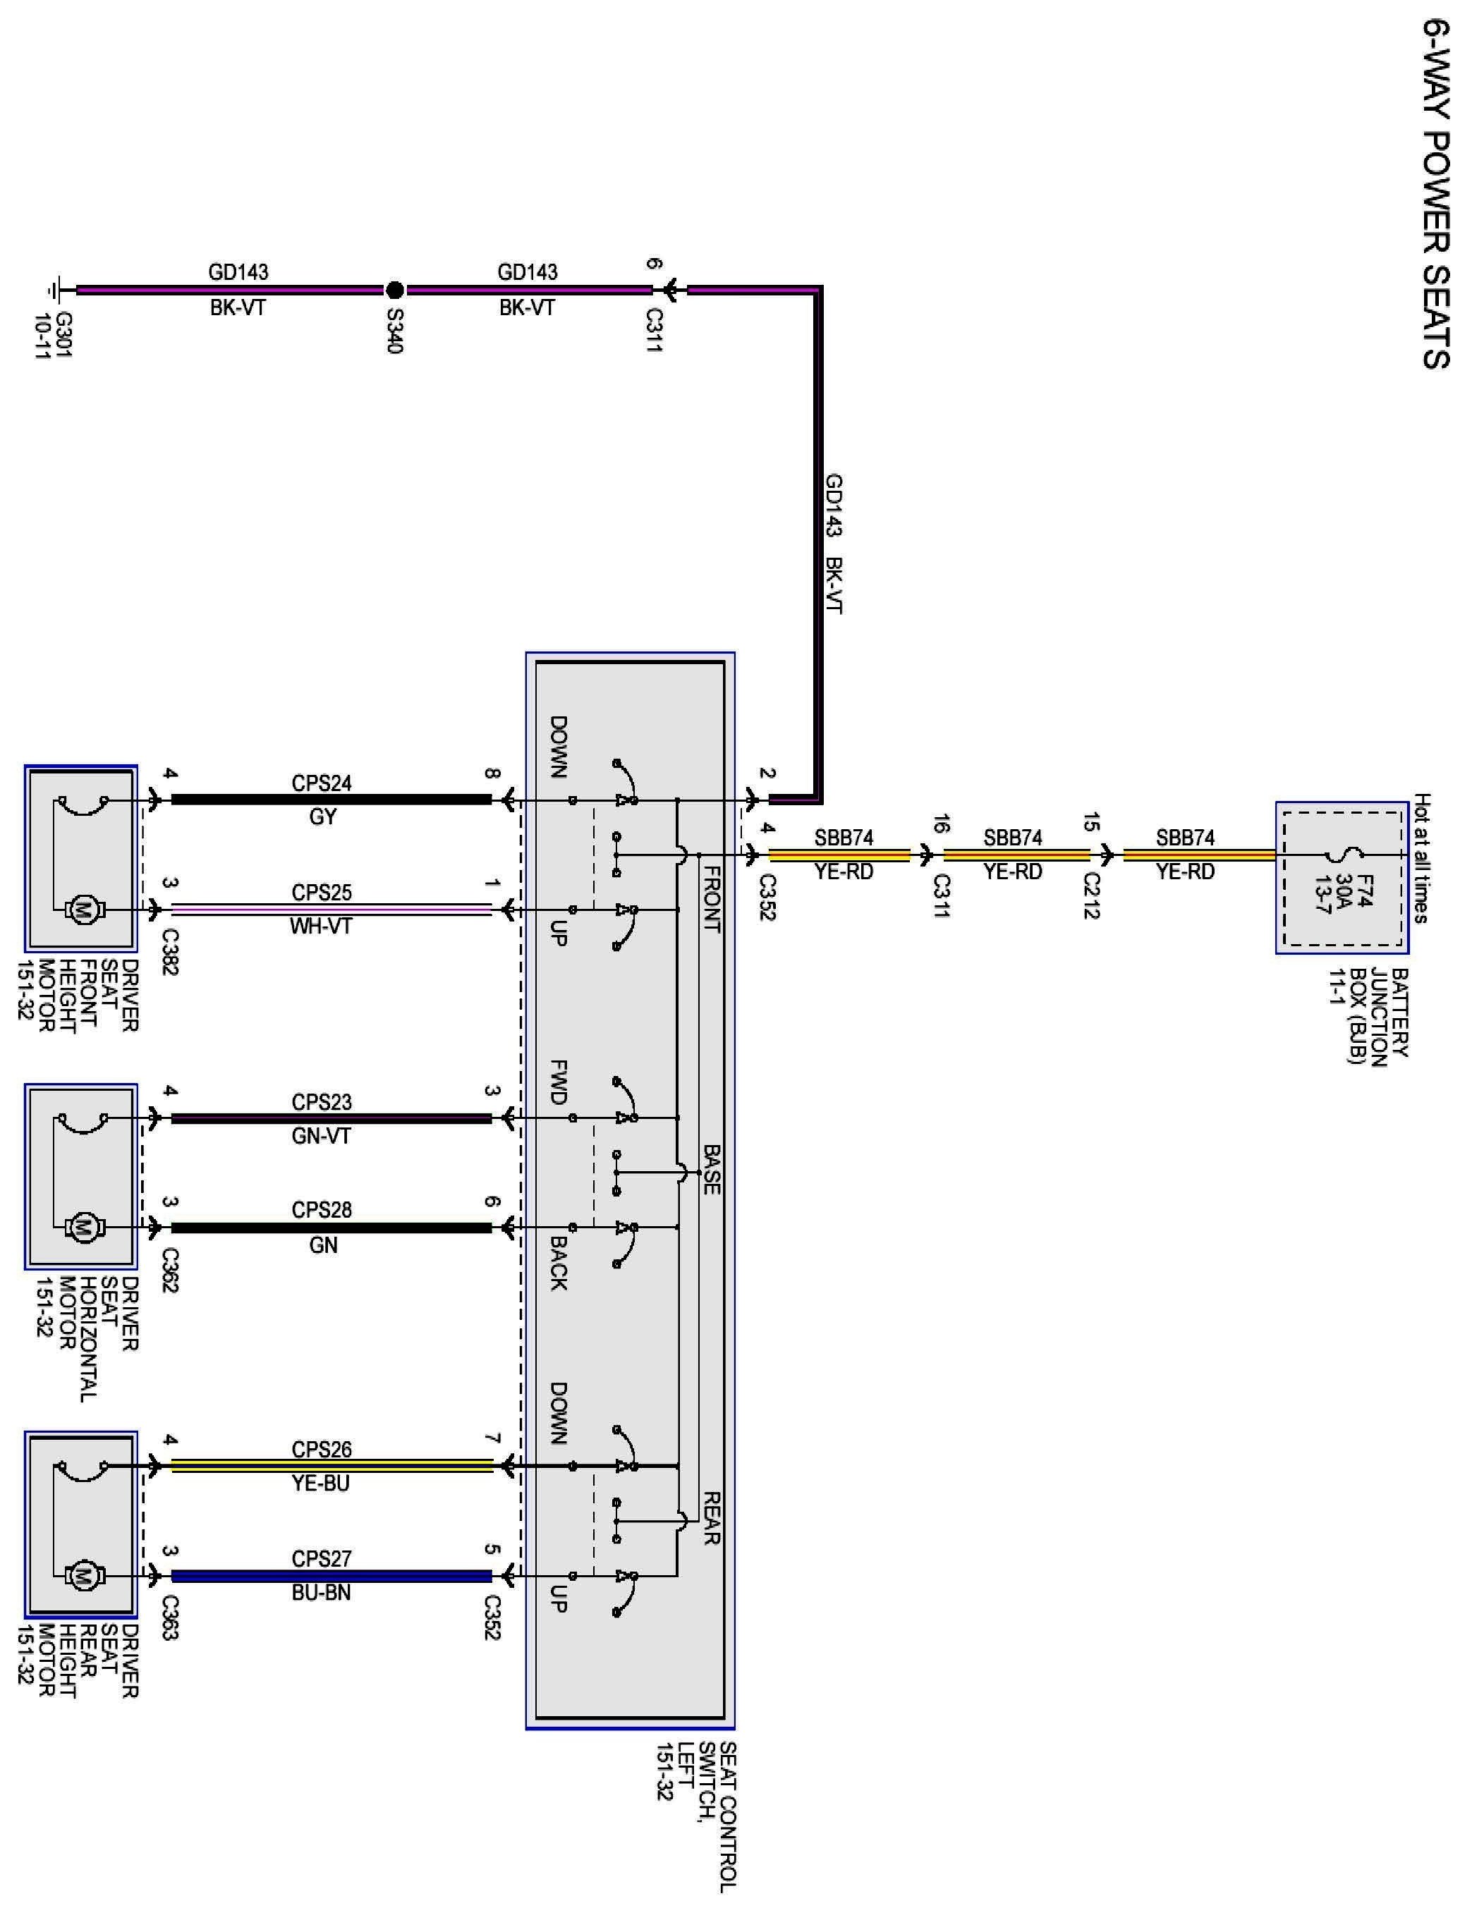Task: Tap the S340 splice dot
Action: pyautogui.click(x=395, y=289)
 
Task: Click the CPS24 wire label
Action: pyautogui.click(x=321, y=783)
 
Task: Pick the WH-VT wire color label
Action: pyautogui.click(x=321, y=926)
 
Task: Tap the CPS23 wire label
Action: pyautogui.click(x=321, y=1101)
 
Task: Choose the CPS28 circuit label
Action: pyautogui.click(x=321, y=1210)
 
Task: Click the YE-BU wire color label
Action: pyautogui.click(x=321, y=1483)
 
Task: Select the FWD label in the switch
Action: pyautogui.click(x=558, y=1082)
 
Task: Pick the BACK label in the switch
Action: pyautogui.click(x=558, y=1263)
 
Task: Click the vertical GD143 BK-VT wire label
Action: pyautogui.click(x=833, y=544)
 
